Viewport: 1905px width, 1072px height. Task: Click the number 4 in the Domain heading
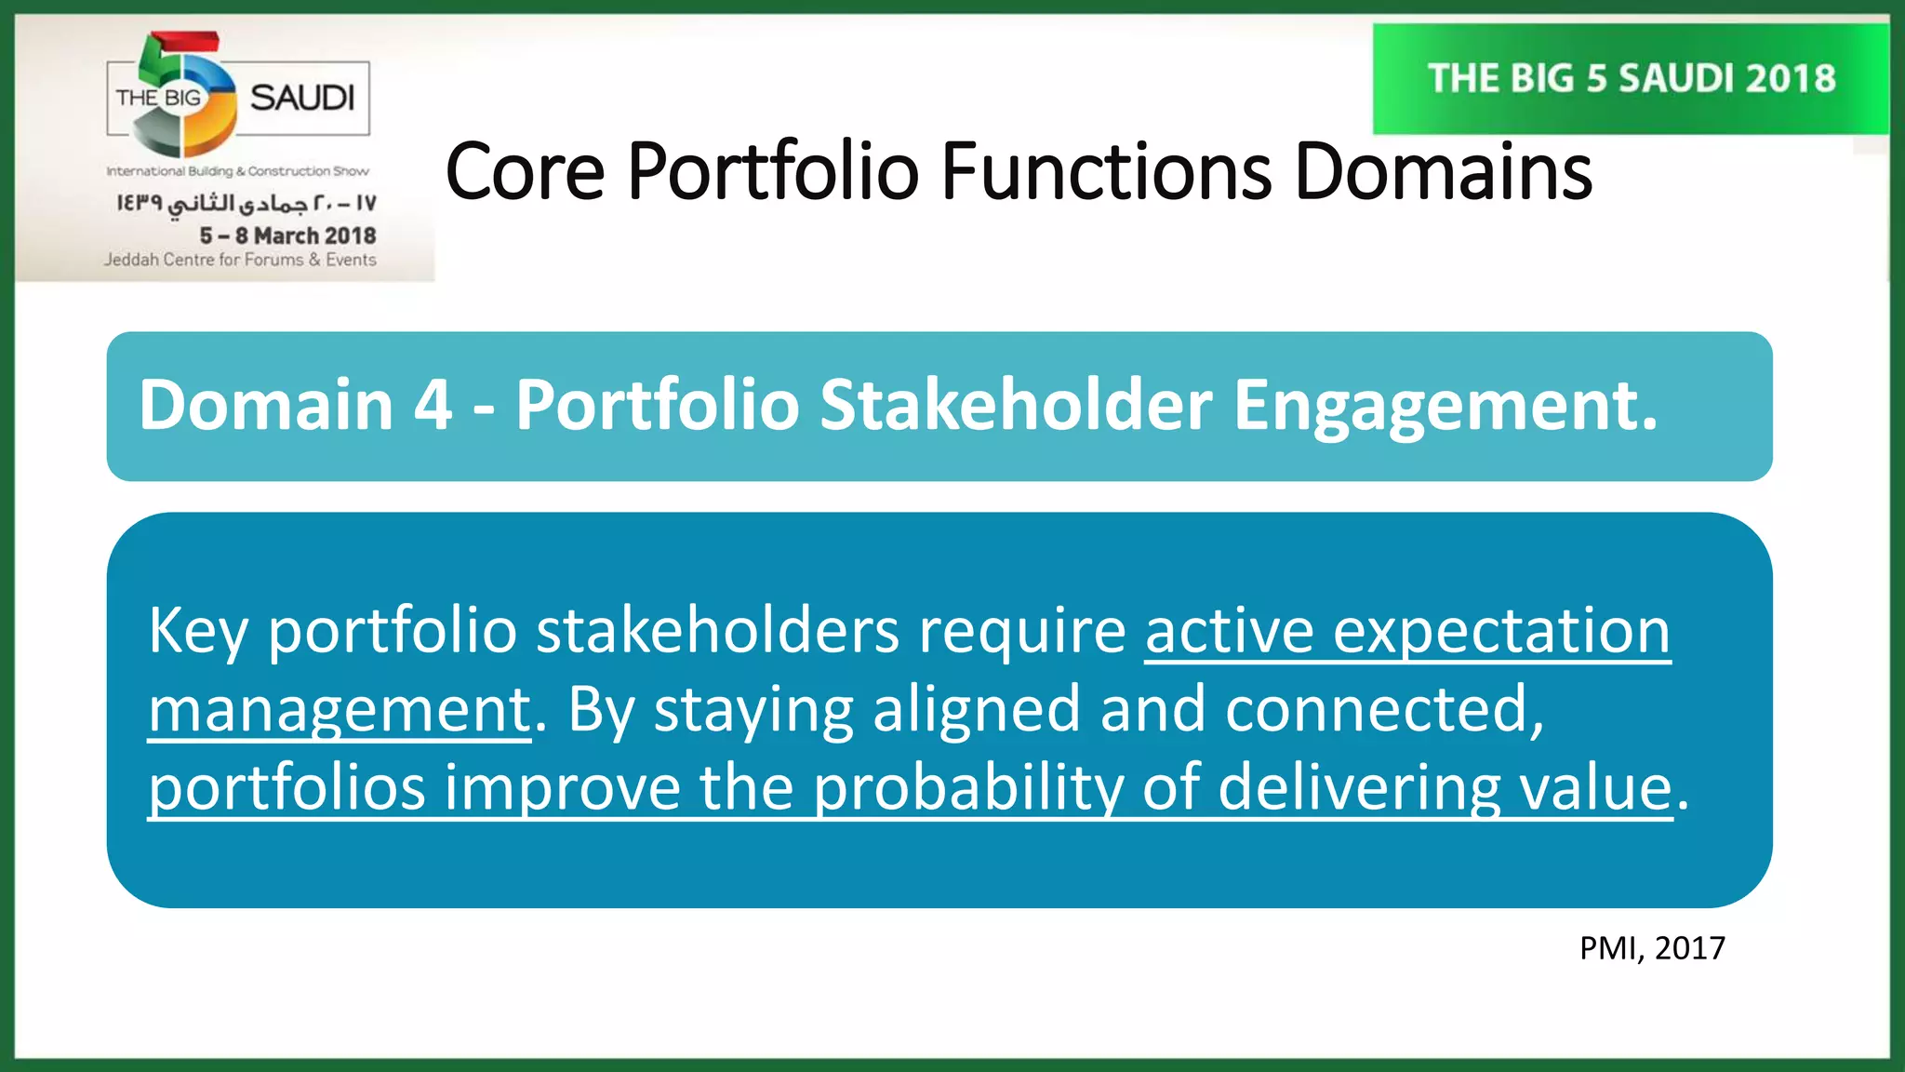pos(433,406)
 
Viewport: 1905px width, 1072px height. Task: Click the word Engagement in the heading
pos(1445,408)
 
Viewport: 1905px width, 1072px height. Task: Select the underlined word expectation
pos(1501,632)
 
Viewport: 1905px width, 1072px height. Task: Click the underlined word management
pos(340,710)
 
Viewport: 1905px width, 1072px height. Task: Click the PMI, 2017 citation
pos(1652,948)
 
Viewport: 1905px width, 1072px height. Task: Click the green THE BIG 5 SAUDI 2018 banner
pos(1631,79)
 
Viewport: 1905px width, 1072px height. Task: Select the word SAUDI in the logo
pos(302,98)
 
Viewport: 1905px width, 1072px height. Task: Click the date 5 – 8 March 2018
pos(287,235)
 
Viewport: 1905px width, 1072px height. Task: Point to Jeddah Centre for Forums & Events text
pos(240,260)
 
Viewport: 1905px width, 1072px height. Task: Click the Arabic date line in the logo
pos(246,203)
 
